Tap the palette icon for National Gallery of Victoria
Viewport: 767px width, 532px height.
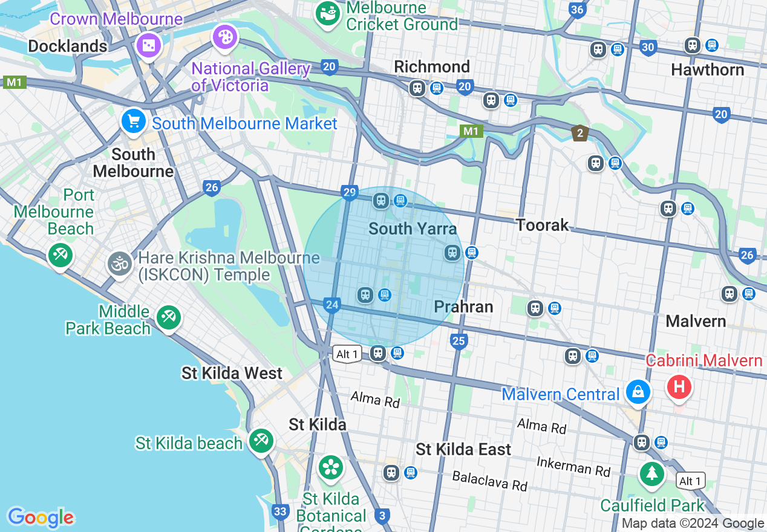point(225,37)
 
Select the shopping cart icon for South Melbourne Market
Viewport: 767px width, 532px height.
point(133,122)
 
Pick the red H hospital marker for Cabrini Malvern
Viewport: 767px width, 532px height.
point(679,386)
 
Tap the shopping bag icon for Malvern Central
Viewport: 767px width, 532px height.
point(638,392)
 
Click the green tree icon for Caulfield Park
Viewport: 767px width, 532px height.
point(652,472)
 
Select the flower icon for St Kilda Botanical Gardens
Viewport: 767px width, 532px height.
point(331,467)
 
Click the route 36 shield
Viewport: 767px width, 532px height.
point(577,9)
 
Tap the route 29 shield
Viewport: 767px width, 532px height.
point(349,193)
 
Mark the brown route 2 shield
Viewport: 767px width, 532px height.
point(579,133)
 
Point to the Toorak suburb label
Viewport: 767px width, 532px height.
point(543,225)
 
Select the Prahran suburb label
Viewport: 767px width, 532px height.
point(463,307)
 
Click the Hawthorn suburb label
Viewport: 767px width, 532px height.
point(707,70)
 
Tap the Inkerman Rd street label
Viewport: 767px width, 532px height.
point(573,465)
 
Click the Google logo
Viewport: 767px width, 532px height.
point(41,517)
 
